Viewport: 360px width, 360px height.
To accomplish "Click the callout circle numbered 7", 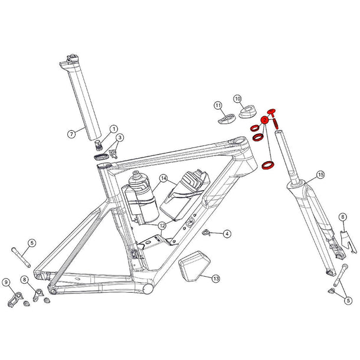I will (x=70, y=134).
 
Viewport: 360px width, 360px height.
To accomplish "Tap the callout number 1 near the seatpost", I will (x=114, y=128).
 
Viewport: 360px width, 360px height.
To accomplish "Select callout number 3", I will (x=120, y=138).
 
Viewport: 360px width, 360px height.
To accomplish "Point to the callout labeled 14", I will (x=163, y=178).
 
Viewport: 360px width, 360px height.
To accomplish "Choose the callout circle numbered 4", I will (x=227, y=234).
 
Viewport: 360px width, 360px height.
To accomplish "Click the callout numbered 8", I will (x=24, y=279).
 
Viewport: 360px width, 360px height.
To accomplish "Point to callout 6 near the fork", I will (x=342, y=217).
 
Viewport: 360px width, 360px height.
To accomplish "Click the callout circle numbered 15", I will (x=320, y=175).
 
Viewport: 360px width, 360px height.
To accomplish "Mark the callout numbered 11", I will (x=218, y=106).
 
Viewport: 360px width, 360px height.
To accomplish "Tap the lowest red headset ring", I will (x=268, y=166).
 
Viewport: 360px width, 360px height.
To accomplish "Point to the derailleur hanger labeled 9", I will (x=15, y=299).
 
